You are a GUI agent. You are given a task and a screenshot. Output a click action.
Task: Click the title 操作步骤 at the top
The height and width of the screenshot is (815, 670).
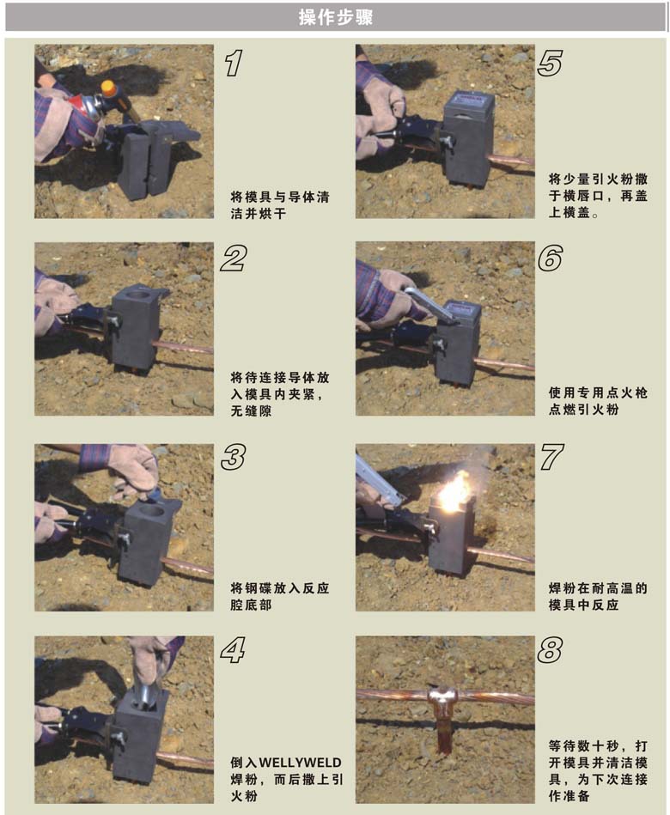[335, 17]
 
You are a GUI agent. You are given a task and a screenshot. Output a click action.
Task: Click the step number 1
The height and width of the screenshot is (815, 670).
[234, 64]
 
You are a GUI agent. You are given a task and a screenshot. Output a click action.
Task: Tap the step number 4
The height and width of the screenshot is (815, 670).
[233, 650]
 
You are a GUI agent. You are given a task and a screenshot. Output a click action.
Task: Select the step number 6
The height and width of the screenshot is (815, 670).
[550, 258]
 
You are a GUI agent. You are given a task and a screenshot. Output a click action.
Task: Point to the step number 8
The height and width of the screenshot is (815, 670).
[550, 650]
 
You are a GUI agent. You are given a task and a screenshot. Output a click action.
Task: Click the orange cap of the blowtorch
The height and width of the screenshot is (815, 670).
[109, 88]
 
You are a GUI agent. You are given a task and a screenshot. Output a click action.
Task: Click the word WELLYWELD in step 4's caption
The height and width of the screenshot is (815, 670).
[300, 763]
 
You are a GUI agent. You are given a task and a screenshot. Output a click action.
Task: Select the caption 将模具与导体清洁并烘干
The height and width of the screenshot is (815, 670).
[280, 205]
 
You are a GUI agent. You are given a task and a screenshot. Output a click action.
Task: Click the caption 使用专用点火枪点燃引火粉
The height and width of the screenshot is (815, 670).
[598, 401]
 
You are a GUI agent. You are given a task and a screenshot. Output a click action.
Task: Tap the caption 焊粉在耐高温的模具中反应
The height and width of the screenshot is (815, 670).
[598, 597]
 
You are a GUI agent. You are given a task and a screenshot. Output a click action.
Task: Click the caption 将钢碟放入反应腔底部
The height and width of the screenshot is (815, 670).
[280, 597]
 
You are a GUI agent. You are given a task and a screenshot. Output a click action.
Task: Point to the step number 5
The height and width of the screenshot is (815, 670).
[550, 64]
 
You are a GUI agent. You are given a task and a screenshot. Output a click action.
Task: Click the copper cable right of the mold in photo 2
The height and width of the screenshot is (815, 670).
[185, 346]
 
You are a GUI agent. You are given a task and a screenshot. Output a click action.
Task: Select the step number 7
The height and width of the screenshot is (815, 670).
[551, 458]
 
